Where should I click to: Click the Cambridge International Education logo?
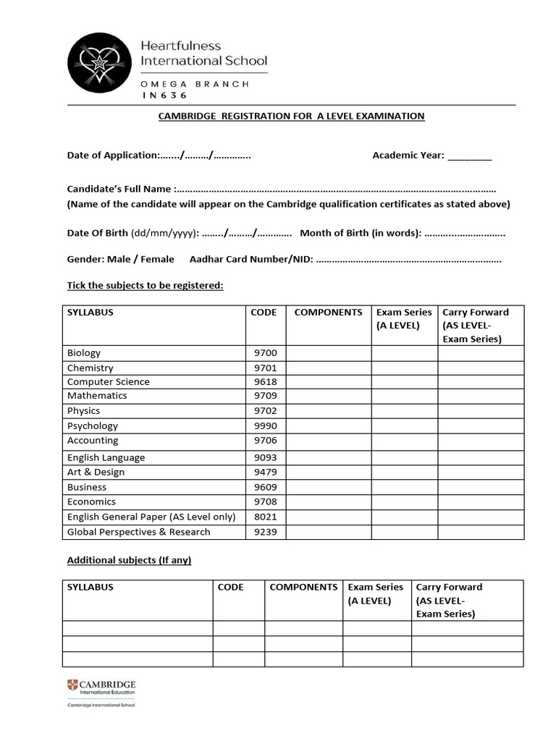(x=101, y=687)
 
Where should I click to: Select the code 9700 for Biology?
(x=265, y=353)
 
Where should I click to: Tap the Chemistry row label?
(x=90, y=368)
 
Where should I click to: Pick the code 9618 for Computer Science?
(x=265, y=382)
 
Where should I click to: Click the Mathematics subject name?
(x=97, y=396)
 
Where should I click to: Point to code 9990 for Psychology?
(x=265, y=426)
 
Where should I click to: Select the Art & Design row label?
(x=96, y=472)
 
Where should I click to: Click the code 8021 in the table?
(x=265, y=517)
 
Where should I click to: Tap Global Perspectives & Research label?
(x=138, y=532)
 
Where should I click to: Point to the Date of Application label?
(x=112, y=156)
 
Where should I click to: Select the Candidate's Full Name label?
(x=119, y=189)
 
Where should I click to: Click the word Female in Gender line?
(x=158, y=259)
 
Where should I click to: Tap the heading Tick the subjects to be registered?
(x=145, y=286)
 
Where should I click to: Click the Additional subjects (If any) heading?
(x=129, y=561)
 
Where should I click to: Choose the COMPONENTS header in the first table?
(x=328, y=313)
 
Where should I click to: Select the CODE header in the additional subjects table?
(x=230, y=588)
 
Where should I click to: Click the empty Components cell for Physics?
(x=329, y=411)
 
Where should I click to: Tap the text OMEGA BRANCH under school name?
(x=195, y=84)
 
